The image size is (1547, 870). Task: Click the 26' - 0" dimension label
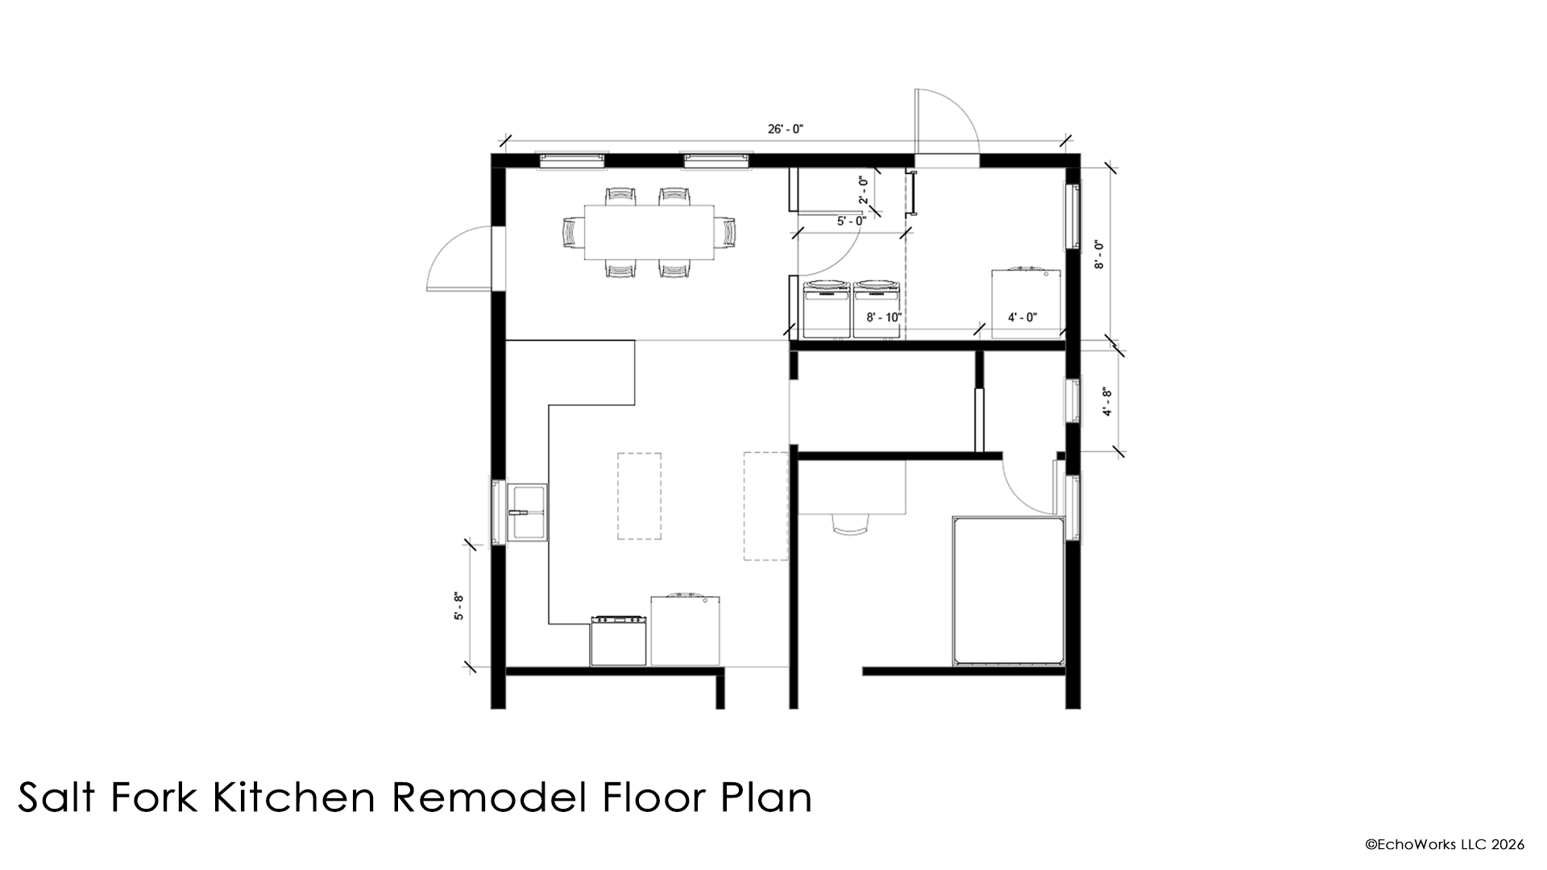tap(786, 129)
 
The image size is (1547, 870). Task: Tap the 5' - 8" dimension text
tap(458, 606)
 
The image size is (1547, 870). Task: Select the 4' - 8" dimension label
tap(1109, 402)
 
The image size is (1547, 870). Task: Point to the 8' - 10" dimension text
tap(883, 317)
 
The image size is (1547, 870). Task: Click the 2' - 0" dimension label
tap(862, 189)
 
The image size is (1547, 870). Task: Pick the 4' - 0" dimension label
tap(1022, 317)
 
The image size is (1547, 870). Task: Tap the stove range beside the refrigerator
tap(619, 641)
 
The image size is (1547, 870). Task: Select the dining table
tap(649, 233)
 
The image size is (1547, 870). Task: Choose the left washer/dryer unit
tap(826, 309)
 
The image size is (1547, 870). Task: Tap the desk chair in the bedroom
tap(852, 524)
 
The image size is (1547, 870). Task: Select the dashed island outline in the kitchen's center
tap(639, 496)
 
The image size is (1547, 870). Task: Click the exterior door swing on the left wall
tap(455, 258)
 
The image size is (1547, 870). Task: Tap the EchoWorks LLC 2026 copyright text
tap(1444, 844)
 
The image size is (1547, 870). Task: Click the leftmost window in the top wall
tap(572, 160)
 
